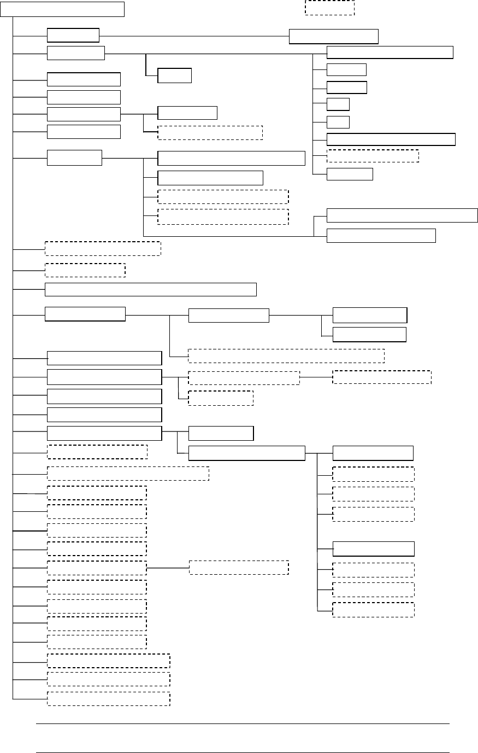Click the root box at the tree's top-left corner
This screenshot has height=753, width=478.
pos(62,9)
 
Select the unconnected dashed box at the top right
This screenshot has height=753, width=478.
pos(329,8)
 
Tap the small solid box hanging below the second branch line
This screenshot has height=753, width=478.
pos(174,75)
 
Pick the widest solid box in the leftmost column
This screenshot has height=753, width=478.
pos(151,289)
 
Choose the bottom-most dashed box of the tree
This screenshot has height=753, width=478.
pos(108,699)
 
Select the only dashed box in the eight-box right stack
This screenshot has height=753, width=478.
pos(373,156)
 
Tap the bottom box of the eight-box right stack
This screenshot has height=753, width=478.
pos(350,174)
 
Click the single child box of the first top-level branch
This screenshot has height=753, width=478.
pos(333,36)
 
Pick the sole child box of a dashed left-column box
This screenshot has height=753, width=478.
pos(238,567)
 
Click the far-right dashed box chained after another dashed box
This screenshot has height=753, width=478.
pos(381,377)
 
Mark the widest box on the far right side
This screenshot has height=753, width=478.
pos(402,215)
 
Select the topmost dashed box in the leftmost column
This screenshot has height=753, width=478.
pos(103,248)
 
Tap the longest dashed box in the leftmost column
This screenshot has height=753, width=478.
pos(128,473)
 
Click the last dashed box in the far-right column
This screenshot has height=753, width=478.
pos(373,610)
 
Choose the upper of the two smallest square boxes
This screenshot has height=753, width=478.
pos(338,104)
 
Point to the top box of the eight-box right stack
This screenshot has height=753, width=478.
pos(390,52)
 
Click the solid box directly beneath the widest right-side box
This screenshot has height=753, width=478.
pos(381,235)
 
